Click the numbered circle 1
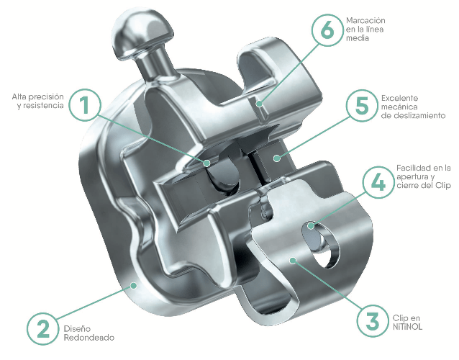[85, 105]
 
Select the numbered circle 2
[42, 328]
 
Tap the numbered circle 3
[373, 320]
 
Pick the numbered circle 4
[378, 182]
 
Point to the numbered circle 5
[362, 106]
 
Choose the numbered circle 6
[327, 30]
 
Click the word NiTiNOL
[407, 327]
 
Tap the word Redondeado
[89, 338]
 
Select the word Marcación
[365, 20]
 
